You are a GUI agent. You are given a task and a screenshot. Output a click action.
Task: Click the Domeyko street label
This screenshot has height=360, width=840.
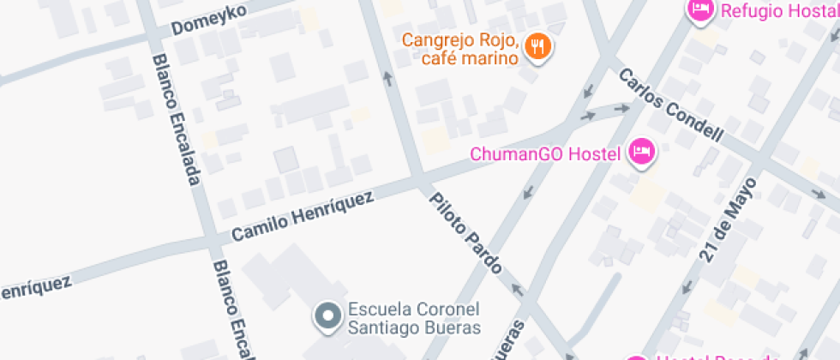tap(209, 20)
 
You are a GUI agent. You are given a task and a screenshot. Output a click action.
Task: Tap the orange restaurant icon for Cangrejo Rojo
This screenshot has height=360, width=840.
tap(538, 46)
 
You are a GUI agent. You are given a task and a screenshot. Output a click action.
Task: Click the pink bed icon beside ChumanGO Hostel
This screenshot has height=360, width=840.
tap(640, 153)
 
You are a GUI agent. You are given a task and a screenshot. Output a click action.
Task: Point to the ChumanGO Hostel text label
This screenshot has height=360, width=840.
tap(545, 154)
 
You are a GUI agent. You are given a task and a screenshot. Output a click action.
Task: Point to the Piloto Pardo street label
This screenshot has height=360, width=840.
tap(465, 232)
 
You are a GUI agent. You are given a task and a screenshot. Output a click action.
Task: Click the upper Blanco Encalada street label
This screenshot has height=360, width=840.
tap(177, 120)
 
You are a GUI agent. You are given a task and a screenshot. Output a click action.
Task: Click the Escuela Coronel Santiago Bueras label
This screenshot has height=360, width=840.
tap(413, 318)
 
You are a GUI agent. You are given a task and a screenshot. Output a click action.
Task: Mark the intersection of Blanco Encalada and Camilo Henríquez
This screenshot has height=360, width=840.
tap(208, 241)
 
